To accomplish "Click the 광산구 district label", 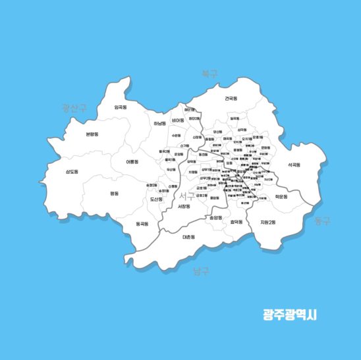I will pos(74,107).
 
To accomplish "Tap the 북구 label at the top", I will pos(209,74).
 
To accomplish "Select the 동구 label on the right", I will pos(322,220).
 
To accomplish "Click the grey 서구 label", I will pos(187,195).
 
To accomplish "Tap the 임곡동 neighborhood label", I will pos(121,107).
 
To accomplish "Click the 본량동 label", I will pos(92,134).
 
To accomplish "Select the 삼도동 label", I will pos(71,172).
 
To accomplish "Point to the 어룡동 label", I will pos(132,161).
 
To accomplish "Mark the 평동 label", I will pos(115,193).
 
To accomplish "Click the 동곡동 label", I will pos(142,224).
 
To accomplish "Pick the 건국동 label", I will pos(231,98).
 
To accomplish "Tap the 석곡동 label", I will pos(294,165).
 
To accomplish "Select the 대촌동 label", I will pos(188,237).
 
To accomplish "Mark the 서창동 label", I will pos(184,207).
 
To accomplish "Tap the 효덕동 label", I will pos(236,222).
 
